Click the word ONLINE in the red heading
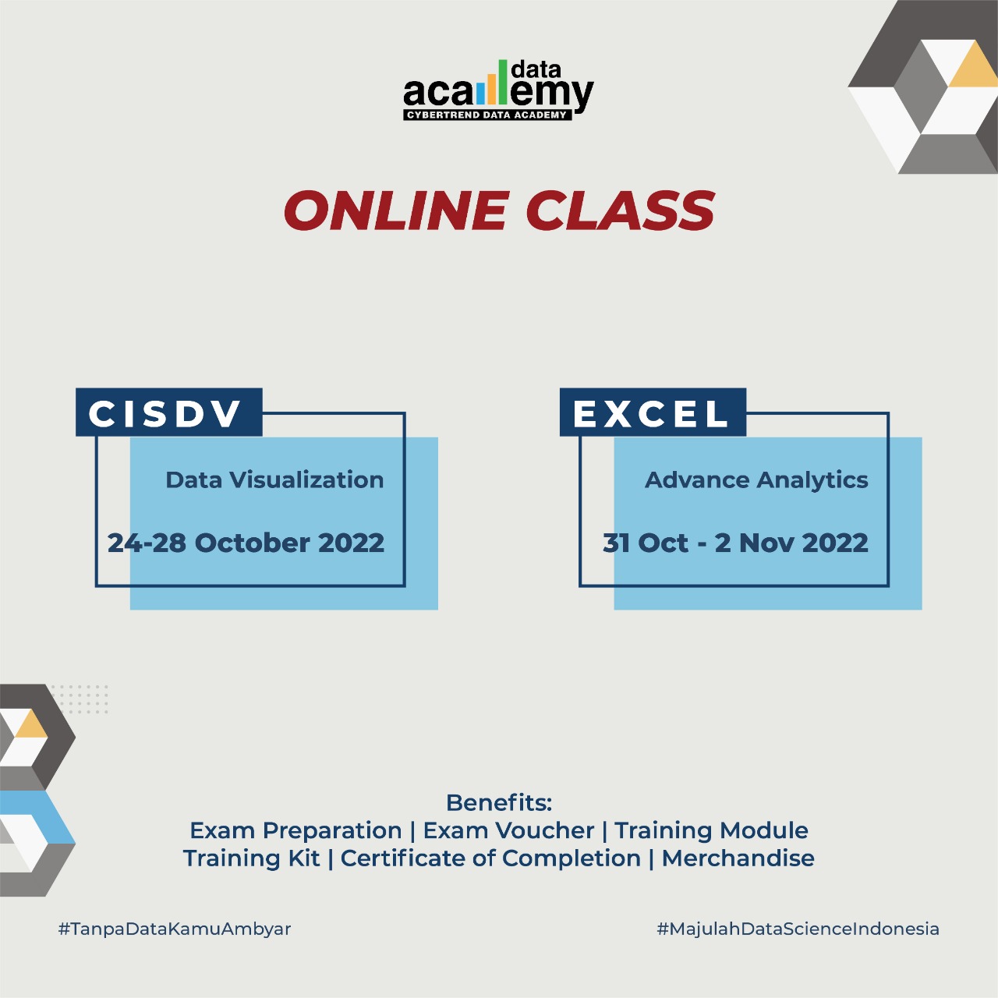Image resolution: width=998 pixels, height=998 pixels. pyautogui.click(x=396, y=211)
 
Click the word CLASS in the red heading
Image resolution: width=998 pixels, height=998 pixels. pyautogui.click(x=620, y=211)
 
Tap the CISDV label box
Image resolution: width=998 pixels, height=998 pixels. pyautogui.click(x=168, y=412)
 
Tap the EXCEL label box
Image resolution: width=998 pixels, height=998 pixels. pyautogui.click(x=653, y=412)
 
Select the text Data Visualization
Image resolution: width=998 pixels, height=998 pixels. pyautogui.click(x=274, y=480)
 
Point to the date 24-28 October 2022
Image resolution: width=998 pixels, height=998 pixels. pyautogui.click(x=246, y=543)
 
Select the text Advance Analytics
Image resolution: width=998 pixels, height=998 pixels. pyautogui.click(x=756, y=480)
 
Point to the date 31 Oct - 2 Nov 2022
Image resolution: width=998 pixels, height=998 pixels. pyautogui.click(x=735, y=543)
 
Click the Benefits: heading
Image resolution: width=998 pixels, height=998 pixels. pyautogui.click(x=499, y=802)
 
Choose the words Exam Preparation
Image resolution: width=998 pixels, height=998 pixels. pyautogui.click(x=296, y=830)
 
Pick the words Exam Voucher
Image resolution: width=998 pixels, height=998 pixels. pyautogui.click(x=508, y=830)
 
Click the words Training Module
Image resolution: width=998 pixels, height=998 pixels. pyautogui.click(x=711, y=830)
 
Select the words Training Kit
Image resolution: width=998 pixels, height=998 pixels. pyautogui.click(x=251, y=858)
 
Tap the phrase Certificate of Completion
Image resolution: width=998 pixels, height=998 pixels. pyautogui.click(x=490, y=858)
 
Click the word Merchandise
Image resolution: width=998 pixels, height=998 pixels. pyautogui.click(x=738, y=858)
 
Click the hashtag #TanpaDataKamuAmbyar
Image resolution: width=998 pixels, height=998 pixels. pyautogui.click(x=175, y=929)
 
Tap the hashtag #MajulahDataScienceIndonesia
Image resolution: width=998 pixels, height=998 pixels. pyautogui.click(x=798, y=929)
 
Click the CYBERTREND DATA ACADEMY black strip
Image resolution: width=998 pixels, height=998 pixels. pyautogui.click(x=487, y=115)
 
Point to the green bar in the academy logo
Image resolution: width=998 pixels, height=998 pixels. pyautogui.click(x=503, y=81)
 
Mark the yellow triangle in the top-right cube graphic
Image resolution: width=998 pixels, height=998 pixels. pyautogui.click(x=975, y=68)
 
